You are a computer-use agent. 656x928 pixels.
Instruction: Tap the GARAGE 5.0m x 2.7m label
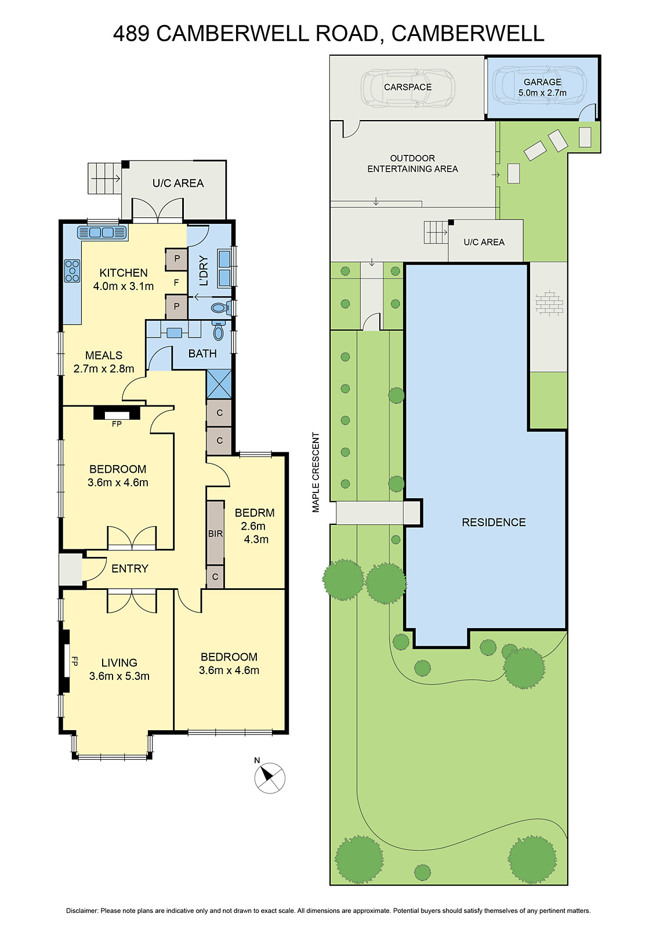pos(542,88)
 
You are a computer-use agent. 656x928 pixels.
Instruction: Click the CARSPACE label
pos(408,87)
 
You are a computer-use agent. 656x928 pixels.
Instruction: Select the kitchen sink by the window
pos(103,233)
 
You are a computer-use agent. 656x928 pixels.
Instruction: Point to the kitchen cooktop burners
pos(72,271)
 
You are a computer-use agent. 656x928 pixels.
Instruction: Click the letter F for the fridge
pos(176,283)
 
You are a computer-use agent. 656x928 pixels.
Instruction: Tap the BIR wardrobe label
pos(215,534)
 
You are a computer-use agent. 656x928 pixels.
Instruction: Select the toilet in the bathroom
pos(218,331)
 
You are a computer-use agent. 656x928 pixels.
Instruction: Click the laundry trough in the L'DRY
pos(224,268)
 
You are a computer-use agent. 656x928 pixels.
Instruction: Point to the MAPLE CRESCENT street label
pos(316,472)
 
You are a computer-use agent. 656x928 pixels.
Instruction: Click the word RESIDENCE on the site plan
pos(494,522)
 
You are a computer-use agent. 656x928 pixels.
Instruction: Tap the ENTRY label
pos(130,568)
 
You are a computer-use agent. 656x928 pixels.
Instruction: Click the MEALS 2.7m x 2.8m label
pos(104,362)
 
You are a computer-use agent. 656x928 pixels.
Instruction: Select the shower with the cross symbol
pos(219,384)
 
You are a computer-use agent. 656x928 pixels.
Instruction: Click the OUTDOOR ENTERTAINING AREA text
pos(412,164)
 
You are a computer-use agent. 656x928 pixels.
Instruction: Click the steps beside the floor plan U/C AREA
pos(99,178)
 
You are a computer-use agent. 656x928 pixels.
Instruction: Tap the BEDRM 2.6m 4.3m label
pos(255,525)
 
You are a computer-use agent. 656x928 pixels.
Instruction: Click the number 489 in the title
pos(131,34)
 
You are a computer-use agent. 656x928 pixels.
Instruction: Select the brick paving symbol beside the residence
pos(549,303)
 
